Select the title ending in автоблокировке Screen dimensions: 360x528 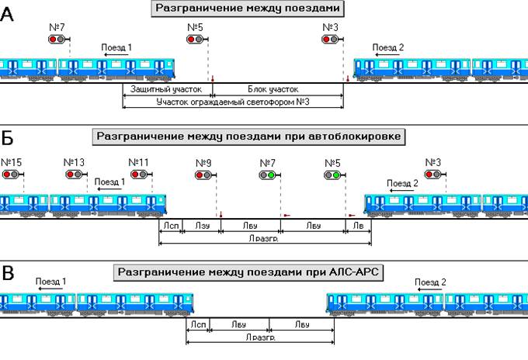click(248, 137)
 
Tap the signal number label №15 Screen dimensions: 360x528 click(12, 162)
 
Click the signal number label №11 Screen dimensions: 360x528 click(139, 162)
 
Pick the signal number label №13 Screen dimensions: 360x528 click(75, 162)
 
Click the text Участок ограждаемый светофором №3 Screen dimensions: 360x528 click(233, 102)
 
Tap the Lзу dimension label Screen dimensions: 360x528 click(203, 227)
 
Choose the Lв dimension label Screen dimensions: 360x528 click(358, 227)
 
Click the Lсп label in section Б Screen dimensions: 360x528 click(171, 227)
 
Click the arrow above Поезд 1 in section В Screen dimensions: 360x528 click(50, 288)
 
